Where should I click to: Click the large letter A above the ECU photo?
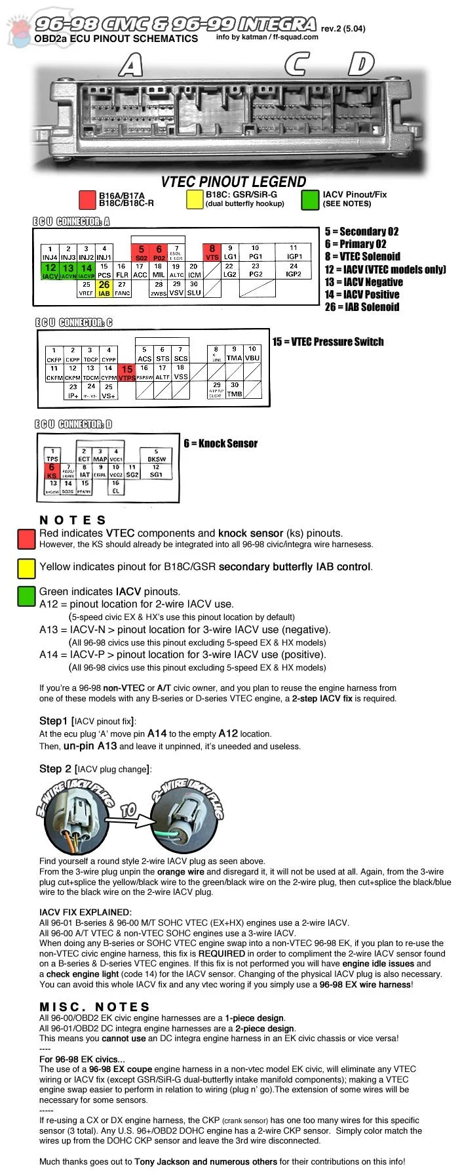point(130,64)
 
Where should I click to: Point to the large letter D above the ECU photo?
point(360,64)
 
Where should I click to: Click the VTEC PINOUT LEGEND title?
point(233,182)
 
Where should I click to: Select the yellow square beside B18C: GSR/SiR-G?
point(195,199)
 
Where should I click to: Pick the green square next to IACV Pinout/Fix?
point(311,199)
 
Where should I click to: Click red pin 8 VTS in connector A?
point(212,253)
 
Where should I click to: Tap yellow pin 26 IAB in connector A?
point(104,289)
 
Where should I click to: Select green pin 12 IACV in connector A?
point(50,272)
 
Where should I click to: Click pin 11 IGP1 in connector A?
point(294,253)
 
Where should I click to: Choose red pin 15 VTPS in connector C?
point(126,373)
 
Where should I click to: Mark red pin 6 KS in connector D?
point(52,470)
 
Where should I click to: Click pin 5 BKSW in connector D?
point(156,455)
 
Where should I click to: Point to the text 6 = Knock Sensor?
point(220,443)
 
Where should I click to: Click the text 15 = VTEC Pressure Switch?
point(328,342)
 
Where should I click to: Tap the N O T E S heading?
point(73,520)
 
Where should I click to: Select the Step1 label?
point(53,721)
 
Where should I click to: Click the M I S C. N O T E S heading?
point(94,1006)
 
